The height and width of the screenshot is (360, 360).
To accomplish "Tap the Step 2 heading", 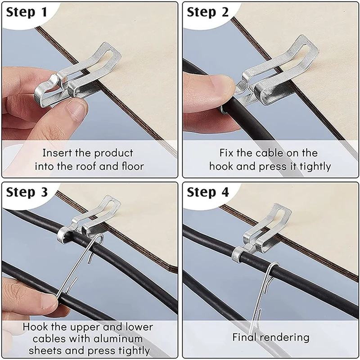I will [208, 13].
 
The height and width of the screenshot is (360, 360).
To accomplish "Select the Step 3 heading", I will [27, 193].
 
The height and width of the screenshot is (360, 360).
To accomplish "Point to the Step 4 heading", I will [208, 193].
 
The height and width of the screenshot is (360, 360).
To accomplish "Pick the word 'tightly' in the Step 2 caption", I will [313, 166].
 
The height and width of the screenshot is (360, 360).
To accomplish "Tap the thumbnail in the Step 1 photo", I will [77, 108].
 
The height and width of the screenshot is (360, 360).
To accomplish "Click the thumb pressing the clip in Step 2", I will [211, 88].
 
